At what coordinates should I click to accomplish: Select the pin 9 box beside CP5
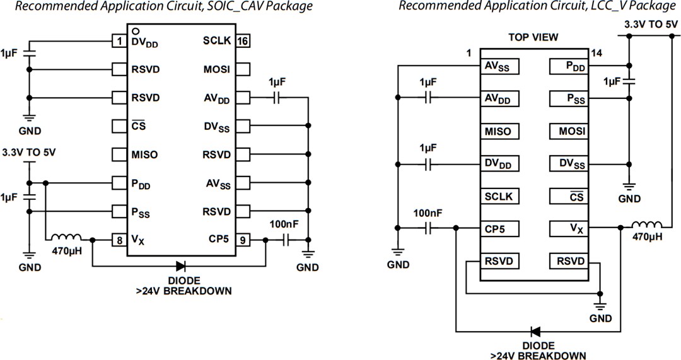[x=243, y=240]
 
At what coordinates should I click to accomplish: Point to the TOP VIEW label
[x=533, y=37]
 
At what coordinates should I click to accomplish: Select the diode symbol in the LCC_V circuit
[x=535, y=331]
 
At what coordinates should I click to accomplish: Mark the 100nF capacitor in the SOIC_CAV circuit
[x=287, y=240]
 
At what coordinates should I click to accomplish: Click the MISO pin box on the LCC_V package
[x=499, y=132]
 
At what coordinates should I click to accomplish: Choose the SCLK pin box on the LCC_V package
[x=499, y=197]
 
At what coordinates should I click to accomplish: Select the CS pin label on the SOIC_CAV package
[x=139, y=126]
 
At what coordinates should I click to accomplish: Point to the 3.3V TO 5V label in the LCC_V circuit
[x=650, y=25]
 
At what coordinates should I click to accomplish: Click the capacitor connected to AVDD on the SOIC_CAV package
[x=276, y=98]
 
